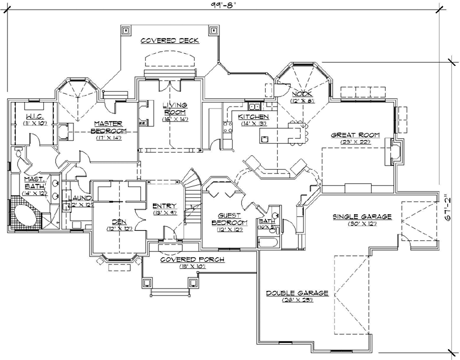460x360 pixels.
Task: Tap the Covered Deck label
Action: tap(169, 40)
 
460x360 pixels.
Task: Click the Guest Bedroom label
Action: tap(228, 219)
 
